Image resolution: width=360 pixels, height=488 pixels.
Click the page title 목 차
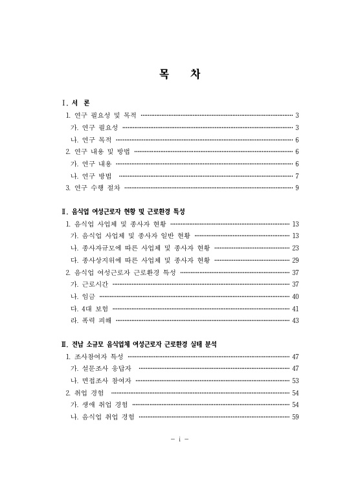pos(179,74)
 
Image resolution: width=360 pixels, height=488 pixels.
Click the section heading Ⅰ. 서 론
pos(76,103)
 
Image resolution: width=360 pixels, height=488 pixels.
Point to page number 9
pos(297,188)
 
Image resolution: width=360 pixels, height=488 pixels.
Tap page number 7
pos(297,175)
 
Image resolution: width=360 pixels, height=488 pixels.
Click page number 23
pos(295,248)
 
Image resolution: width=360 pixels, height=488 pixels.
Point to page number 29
pos(295,260)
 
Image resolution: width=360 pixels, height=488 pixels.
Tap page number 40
pos(295,296)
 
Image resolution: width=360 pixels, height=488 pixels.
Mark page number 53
pos(295,381)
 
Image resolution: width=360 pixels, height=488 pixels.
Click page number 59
pos(295,417)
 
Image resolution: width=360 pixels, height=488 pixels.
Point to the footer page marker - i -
pos(179,439)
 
